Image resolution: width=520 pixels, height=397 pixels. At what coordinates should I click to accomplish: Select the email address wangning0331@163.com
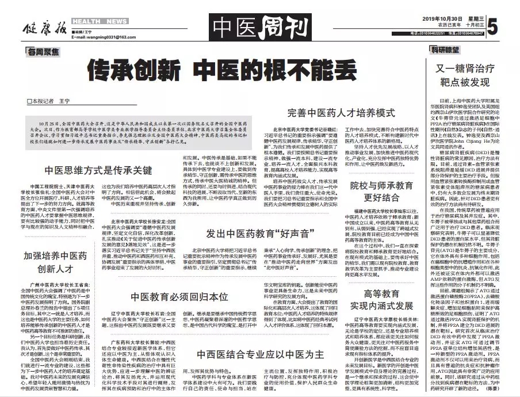click(101, 37)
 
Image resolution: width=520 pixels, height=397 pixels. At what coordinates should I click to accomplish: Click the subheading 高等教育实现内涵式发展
click(381, 299)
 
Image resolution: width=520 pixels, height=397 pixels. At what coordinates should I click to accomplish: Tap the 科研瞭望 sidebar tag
click(445, 50)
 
